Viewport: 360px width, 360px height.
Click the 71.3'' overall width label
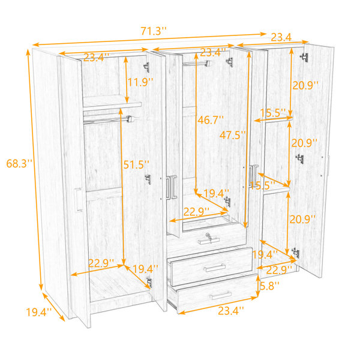(154, 31)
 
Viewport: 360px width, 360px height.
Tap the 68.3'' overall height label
(19, 163)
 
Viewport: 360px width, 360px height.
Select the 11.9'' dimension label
(140, 82)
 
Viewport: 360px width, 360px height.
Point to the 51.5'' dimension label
(136, 164)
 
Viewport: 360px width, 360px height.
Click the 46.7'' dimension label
(211, 120)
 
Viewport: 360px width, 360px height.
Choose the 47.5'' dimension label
(233, 135)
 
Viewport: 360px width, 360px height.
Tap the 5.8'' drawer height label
(269, 286)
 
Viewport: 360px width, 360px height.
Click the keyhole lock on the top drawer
(208, 236)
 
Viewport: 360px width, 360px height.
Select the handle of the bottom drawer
(221, 295)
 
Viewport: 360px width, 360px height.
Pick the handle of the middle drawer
(215, 268)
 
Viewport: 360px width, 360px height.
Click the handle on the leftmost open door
(78, 200)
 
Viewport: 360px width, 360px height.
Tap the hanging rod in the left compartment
(108, 120)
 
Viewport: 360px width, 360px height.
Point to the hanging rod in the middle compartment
(197, 64)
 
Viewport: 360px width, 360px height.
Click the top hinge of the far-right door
(305, 57)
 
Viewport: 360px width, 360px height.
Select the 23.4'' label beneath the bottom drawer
(231, 311)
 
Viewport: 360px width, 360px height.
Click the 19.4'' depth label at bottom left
(39, 312)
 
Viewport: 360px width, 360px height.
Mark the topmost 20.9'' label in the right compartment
(305, 85)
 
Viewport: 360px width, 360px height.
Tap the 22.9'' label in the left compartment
(101, 263)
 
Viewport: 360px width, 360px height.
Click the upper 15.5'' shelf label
(273, 113)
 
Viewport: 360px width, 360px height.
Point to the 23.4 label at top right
(281, 37)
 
